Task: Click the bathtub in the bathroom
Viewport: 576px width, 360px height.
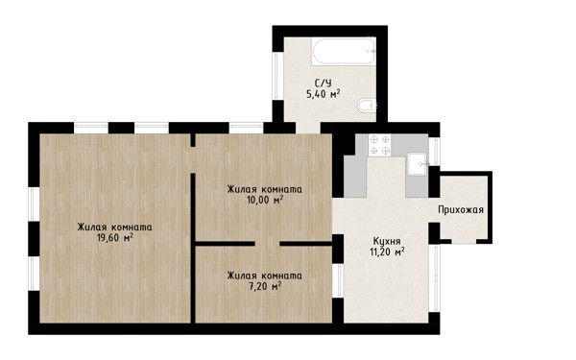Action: pos(344,51)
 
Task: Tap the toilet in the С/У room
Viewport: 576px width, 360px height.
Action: pos(367,105)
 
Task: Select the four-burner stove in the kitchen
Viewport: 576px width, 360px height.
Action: pos(379,145)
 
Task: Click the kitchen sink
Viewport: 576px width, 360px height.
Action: pos(418,164)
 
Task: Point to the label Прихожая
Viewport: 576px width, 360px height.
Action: pos(461,209)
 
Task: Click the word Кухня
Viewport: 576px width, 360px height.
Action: pos(387,241)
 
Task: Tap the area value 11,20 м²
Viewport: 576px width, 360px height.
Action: pos(387,252)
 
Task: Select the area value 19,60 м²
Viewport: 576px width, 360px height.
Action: pos(114,238)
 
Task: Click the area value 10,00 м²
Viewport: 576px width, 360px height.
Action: pos(265,200)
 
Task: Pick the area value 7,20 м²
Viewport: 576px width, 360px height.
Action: pos(265,286)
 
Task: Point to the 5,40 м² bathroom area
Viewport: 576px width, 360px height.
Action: pos(323,94)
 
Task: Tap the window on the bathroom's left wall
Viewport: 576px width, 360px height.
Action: pos(277,76)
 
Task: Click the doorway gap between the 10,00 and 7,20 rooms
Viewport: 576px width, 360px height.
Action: pos(268,244)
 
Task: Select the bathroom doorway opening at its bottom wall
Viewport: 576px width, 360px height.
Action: pos(308,128)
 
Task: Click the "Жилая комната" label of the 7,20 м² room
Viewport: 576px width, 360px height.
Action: pos(265,276)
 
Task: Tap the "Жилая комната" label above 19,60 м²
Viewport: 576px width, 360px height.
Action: pos(114,227)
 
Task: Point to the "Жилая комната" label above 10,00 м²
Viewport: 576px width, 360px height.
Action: pos(265,189)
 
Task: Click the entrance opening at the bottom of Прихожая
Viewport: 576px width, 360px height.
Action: pos(464,241)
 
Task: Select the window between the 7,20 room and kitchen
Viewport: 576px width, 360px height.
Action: pos(338,281)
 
